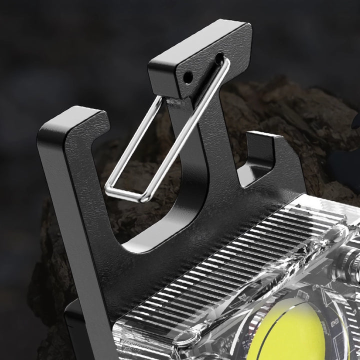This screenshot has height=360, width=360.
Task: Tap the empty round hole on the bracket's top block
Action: pyautogui.click(x=188, y=77)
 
